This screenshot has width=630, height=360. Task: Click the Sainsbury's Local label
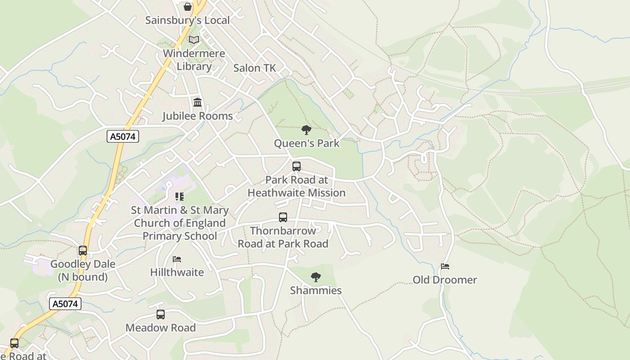point(187,20)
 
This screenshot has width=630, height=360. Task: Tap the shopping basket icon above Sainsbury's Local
point(188,7)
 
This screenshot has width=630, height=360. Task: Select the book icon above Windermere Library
point(194,40)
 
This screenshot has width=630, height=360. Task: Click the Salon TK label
point(254,68)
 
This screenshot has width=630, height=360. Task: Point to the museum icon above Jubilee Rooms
point(198,103)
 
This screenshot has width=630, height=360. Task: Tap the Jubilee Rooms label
point(198,116)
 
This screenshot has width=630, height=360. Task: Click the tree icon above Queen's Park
point(306,130)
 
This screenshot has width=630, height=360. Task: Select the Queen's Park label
point(307,144)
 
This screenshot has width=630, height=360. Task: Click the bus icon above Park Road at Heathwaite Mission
point(297,166)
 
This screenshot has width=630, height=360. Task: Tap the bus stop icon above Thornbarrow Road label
point(283,218)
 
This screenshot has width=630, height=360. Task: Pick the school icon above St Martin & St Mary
point(180,197)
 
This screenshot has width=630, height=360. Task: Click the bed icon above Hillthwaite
point(177,260)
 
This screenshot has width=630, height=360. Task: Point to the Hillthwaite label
point(177,272)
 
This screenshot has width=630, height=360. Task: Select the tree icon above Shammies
point(316,277)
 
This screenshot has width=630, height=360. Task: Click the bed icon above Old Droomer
point(445,266)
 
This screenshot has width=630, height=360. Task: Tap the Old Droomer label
point(445,280)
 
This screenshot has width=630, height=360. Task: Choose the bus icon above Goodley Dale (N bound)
point(83,251)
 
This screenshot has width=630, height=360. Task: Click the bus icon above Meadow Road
point(161,315)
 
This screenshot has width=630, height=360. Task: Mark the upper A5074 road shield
point(123,136)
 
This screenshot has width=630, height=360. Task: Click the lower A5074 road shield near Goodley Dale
point(65,304)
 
